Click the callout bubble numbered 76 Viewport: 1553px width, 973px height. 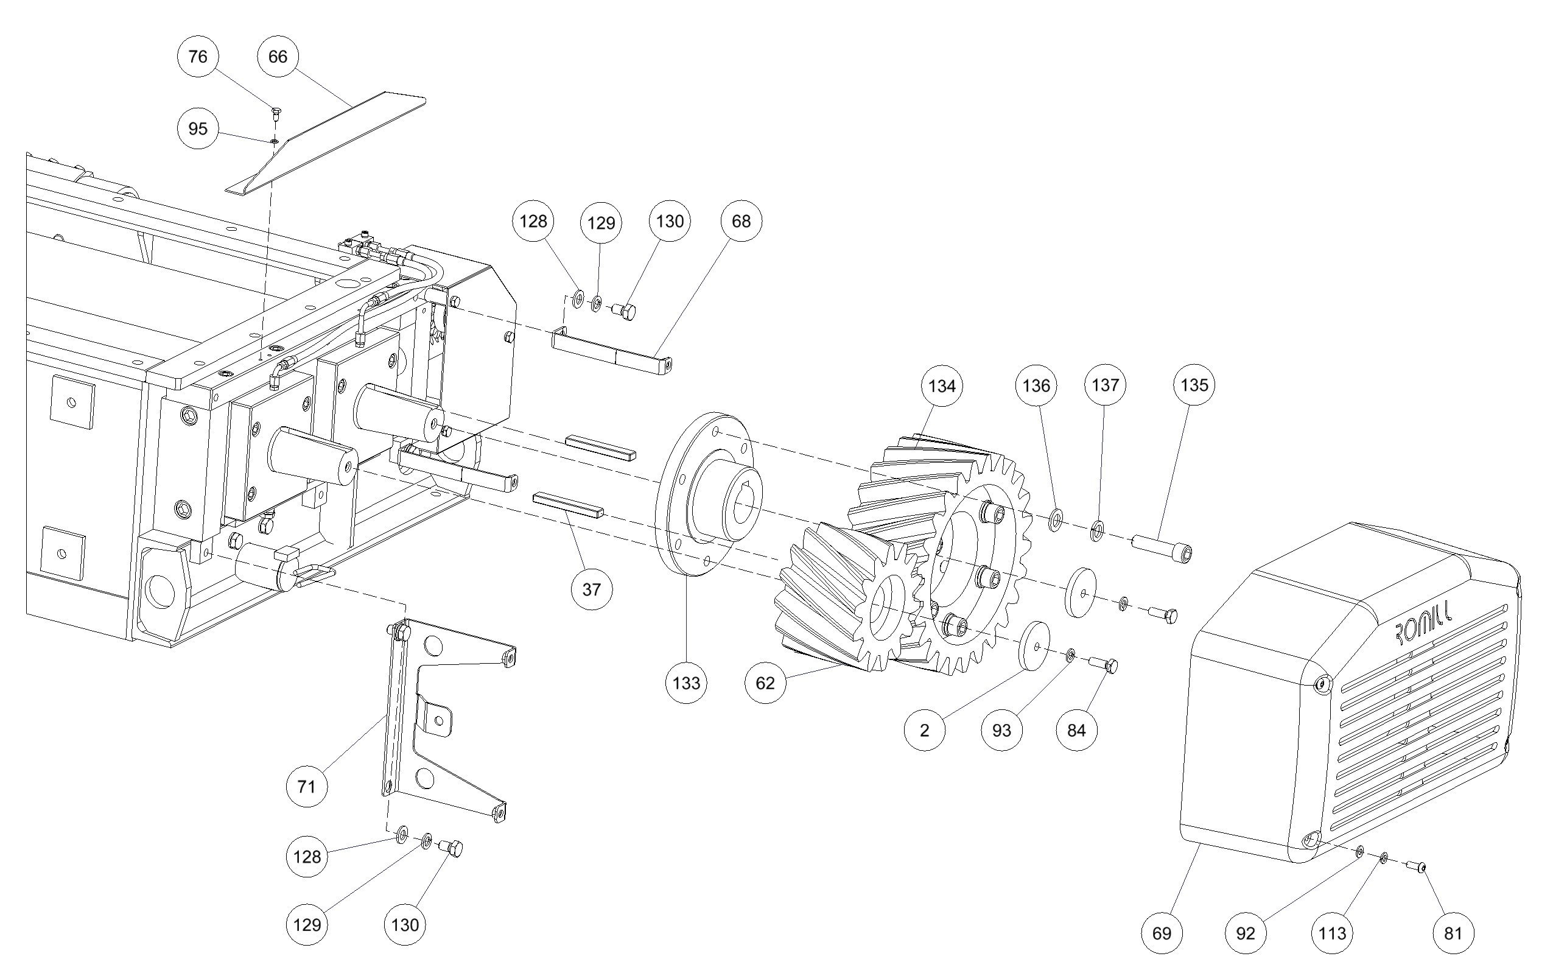click(x=197, y=57)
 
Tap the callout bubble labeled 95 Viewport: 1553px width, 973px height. click(x=197, y=128)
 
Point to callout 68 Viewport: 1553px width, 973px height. click(x=741, y=222)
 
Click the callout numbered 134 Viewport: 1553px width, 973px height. click(x=942, y=386)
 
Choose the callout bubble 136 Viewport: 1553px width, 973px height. click(x=1036, y=385)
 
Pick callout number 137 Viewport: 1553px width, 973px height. click(x=1106, y=385)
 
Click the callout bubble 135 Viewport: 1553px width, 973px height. click(x=1194, y=385)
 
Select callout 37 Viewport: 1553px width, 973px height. click(x=591, y=589)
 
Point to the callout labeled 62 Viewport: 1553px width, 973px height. click(x=765, y=683)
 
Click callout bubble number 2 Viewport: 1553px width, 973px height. click(x=925, y=731)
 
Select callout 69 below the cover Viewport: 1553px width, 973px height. click(x=1161, y=933)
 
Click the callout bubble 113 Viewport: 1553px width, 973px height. click(x=1331, y=933)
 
